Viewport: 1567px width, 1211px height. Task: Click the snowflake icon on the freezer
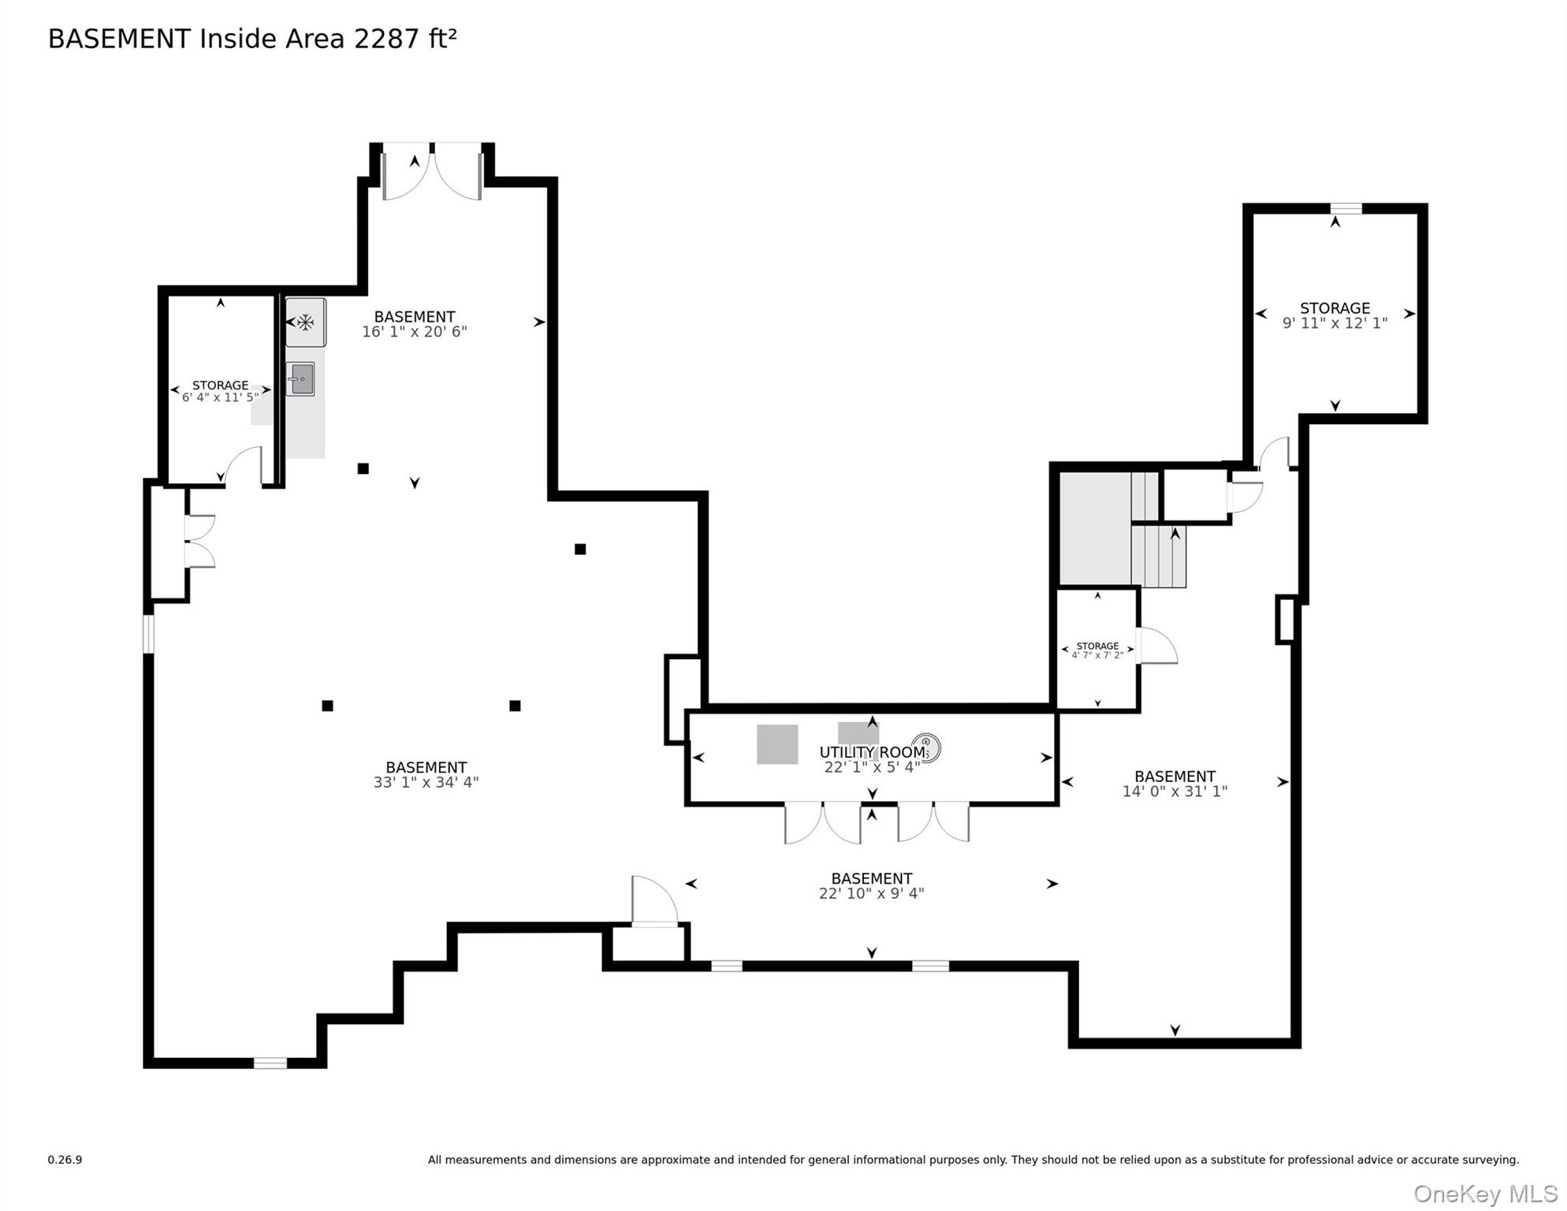coord(305,322)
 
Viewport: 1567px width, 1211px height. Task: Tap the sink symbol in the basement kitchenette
coord(301,379)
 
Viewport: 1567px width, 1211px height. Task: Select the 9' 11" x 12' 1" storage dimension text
coord(1334,323)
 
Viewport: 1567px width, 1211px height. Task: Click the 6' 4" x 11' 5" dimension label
coord(220,397)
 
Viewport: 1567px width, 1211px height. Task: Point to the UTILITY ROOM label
coord(872,752)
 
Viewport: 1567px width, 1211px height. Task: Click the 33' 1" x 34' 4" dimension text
coord(426,782)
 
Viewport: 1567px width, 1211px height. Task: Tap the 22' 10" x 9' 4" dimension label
coord(871,893)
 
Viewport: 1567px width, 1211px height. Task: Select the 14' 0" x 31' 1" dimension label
coord(1174,791)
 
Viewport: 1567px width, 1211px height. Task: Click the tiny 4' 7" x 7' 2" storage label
coord(1097,655)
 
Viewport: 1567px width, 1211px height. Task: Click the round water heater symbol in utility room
coord(925,747)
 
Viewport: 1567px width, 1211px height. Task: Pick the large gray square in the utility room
coord(777,744)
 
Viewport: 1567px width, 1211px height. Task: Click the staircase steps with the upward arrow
coord(1159,556)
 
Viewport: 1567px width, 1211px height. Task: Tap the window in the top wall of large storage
coord(1346,208)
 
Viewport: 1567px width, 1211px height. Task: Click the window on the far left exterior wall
coord(148,634)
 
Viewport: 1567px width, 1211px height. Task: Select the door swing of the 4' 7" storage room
coord(1156,646)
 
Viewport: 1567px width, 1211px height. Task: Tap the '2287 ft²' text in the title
coord(405,39)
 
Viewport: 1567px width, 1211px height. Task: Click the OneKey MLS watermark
coord(1484,1194)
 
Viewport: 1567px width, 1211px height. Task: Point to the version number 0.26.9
coord(65,1160)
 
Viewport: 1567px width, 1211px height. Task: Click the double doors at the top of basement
coord(432,172)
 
